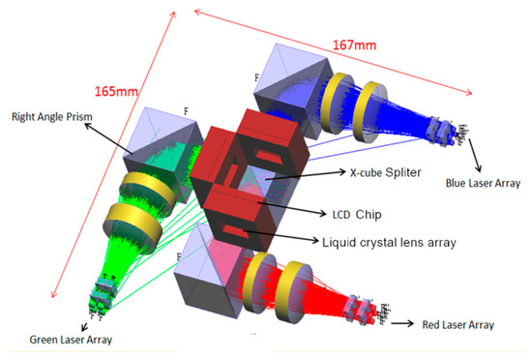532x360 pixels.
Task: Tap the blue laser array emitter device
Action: point(449,126)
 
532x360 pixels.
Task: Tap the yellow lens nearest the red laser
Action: point(291,285)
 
